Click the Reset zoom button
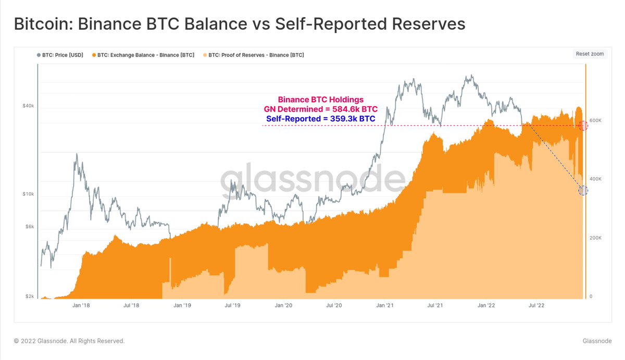[x=590, y=54]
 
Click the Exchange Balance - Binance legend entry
[x=143, y=55]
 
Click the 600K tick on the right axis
[x=595, y=120]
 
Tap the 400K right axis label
[x=595, y=179]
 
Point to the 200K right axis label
[x=595, y=238]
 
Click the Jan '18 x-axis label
[x=81, y=306]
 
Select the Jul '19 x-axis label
[x=232, y=306]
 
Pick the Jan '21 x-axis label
[x=386, y=306]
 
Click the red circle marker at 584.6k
[x=583, y=126]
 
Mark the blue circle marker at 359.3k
[x=583, y=191]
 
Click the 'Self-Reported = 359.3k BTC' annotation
[x=320, y=119]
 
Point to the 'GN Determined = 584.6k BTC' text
[x=321, y=109]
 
